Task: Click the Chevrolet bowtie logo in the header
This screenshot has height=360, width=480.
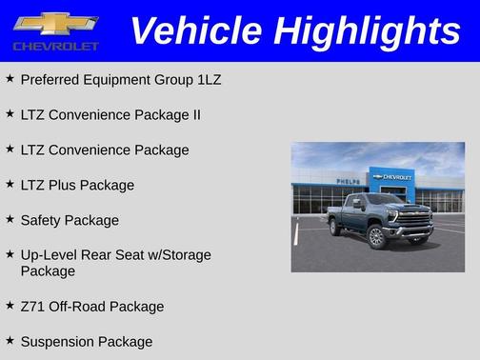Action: (56, 23)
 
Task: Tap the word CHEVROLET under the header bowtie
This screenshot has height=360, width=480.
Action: (56, 46)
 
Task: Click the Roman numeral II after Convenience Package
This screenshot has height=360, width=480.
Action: (194, 114)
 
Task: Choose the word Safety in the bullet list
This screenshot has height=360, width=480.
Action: (42, 220)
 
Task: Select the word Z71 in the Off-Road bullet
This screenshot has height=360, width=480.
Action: (32, 307)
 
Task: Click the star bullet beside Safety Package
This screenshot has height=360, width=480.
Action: (10, 219)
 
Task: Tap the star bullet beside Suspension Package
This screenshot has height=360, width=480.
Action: (10, 340)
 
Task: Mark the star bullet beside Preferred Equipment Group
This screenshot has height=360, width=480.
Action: (10, 78)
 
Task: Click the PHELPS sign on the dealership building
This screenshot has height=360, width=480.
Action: (349, 181)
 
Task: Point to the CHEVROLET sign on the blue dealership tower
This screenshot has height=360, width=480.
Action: (393, 177)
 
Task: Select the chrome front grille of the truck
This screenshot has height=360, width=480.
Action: (413, 219)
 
